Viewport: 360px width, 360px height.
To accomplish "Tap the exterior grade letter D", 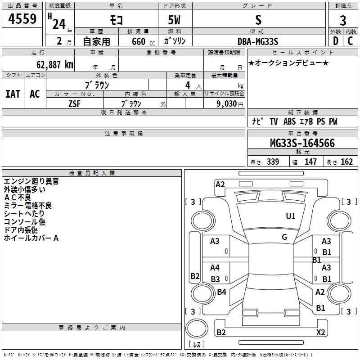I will click(336, 41).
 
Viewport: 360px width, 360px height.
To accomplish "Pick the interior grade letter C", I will click(350, 41).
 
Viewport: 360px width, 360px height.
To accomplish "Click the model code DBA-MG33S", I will click(258, 41).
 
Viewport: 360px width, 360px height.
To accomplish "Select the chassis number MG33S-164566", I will click(302, 144).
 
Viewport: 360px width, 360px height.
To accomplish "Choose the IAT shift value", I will click(13, 94).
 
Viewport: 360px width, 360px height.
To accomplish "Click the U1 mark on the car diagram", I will click(291, 216).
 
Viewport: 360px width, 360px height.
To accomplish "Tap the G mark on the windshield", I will click(284, 237).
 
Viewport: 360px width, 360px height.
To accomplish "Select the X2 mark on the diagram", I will click(320, 333).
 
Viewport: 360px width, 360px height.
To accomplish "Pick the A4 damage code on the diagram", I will click(215, 268).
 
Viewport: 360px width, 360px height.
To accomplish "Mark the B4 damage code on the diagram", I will click(221, 292).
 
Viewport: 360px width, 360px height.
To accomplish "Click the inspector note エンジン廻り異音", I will click(31, 182).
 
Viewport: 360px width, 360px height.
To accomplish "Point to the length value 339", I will click(273, 162).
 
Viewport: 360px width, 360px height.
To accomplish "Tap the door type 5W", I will click(175, 20).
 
